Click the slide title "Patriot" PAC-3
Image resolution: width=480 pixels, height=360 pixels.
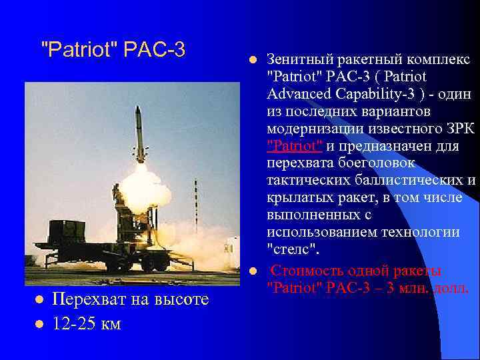click(x=113, y=49)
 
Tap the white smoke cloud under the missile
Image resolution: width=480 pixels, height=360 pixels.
click(x=143, y=183)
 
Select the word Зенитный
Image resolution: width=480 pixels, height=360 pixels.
click(x=299, y=60)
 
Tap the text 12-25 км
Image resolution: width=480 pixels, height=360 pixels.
click(x=87, y=324)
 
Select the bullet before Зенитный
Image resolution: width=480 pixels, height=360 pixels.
click(x=253, y=60)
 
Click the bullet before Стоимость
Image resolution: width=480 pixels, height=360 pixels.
click(x=253, y=271)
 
